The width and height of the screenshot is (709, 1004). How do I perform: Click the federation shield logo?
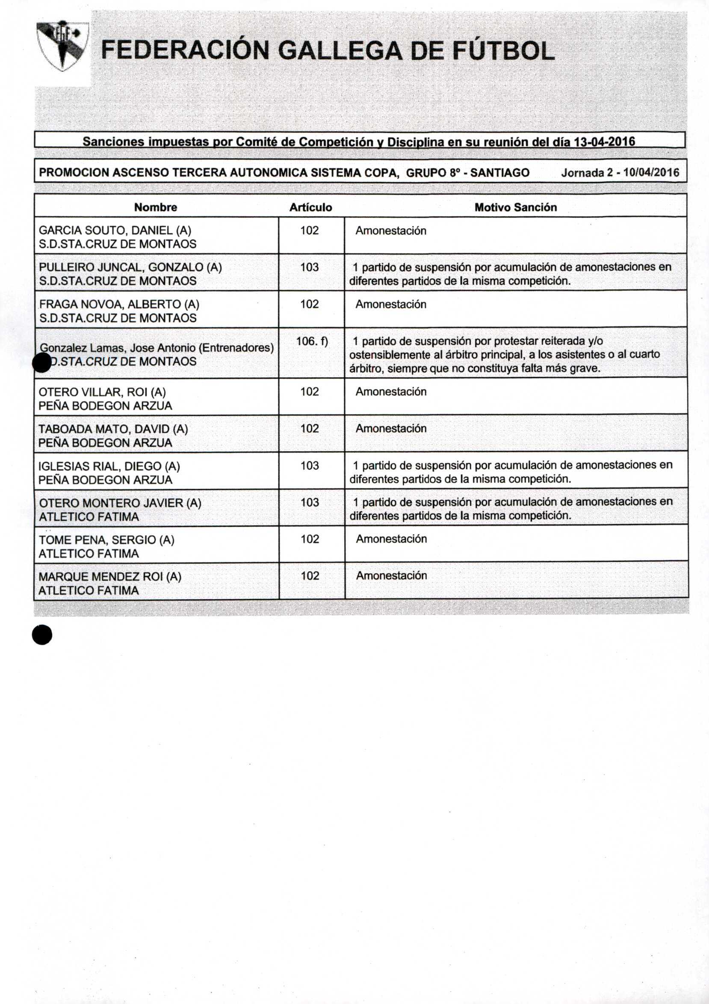point(62,45)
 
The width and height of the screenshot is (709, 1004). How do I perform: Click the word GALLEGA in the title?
point(340,51)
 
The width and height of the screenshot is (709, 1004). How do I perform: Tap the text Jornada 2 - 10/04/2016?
point(620,172)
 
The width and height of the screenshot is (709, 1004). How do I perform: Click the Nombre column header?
point(155,207)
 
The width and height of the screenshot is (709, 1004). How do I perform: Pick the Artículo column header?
point(310,207)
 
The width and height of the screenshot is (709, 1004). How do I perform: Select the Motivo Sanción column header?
point(515,207)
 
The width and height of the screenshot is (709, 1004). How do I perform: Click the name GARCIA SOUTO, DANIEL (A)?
point(115,230)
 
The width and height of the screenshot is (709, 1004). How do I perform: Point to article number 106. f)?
point(312,341)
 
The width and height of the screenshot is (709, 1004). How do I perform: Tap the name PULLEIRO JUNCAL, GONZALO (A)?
point(130,267)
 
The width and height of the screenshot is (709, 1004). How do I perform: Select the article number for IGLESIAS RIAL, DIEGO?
point(310,465)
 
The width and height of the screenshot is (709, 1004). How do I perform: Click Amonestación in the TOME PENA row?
point(391,539)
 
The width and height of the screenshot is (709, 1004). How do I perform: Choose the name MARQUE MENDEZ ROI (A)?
point(110,576)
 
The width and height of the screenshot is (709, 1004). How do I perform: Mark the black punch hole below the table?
point(42,635)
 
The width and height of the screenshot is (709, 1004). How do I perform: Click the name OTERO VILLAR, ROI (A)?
point(102,391)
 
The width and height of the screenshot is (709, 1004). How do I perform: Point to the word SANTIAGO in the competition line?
point(499,173)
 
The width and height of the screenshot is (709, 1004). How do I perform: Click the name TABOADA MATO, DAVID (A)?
point(113,429)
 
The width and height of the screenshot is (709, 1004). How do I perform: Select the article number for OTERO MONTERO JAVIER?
point(310,502)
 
